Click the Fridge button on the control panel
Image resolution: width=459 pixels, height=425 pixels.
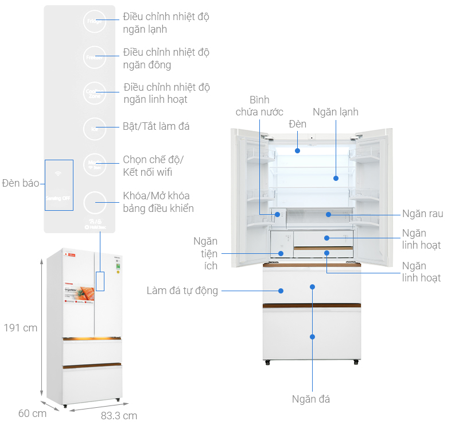(94, 22)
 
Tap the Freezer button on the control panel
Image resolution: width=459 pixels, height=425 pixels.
(94, 58)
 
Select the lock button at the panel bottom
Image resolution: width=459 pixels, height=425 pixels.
(94, 203)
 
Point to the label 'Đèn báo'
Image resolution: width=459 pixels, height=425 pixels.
(20, 183)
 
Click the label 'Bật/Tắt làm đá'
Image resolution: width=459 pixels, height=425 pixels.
(156, 126)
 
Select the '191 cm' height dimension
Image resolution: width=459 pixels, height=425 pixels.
(20, 328)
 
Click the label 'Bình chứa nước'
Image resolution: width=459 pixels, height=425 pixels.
(259, 106)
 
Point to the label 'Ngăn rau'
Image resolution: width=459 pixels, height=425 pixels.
(422, 214)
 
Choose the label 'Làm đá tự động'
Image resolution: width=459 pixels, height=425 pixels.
(182, 291)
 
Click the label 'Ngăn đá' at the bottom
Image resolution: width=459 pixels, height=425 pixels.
(311, 399)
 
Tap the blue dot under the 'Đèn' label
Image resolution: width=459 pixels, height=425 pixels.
(298, 151)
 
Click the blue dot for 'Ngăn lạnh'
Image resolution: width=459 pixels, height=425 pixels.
(336, 178)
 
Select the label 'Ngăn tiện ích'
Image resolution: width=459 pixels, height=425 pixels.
(205, 253)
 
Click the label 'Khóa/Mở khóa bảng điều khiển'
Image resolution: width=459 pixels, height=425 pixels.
(158, 202)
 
